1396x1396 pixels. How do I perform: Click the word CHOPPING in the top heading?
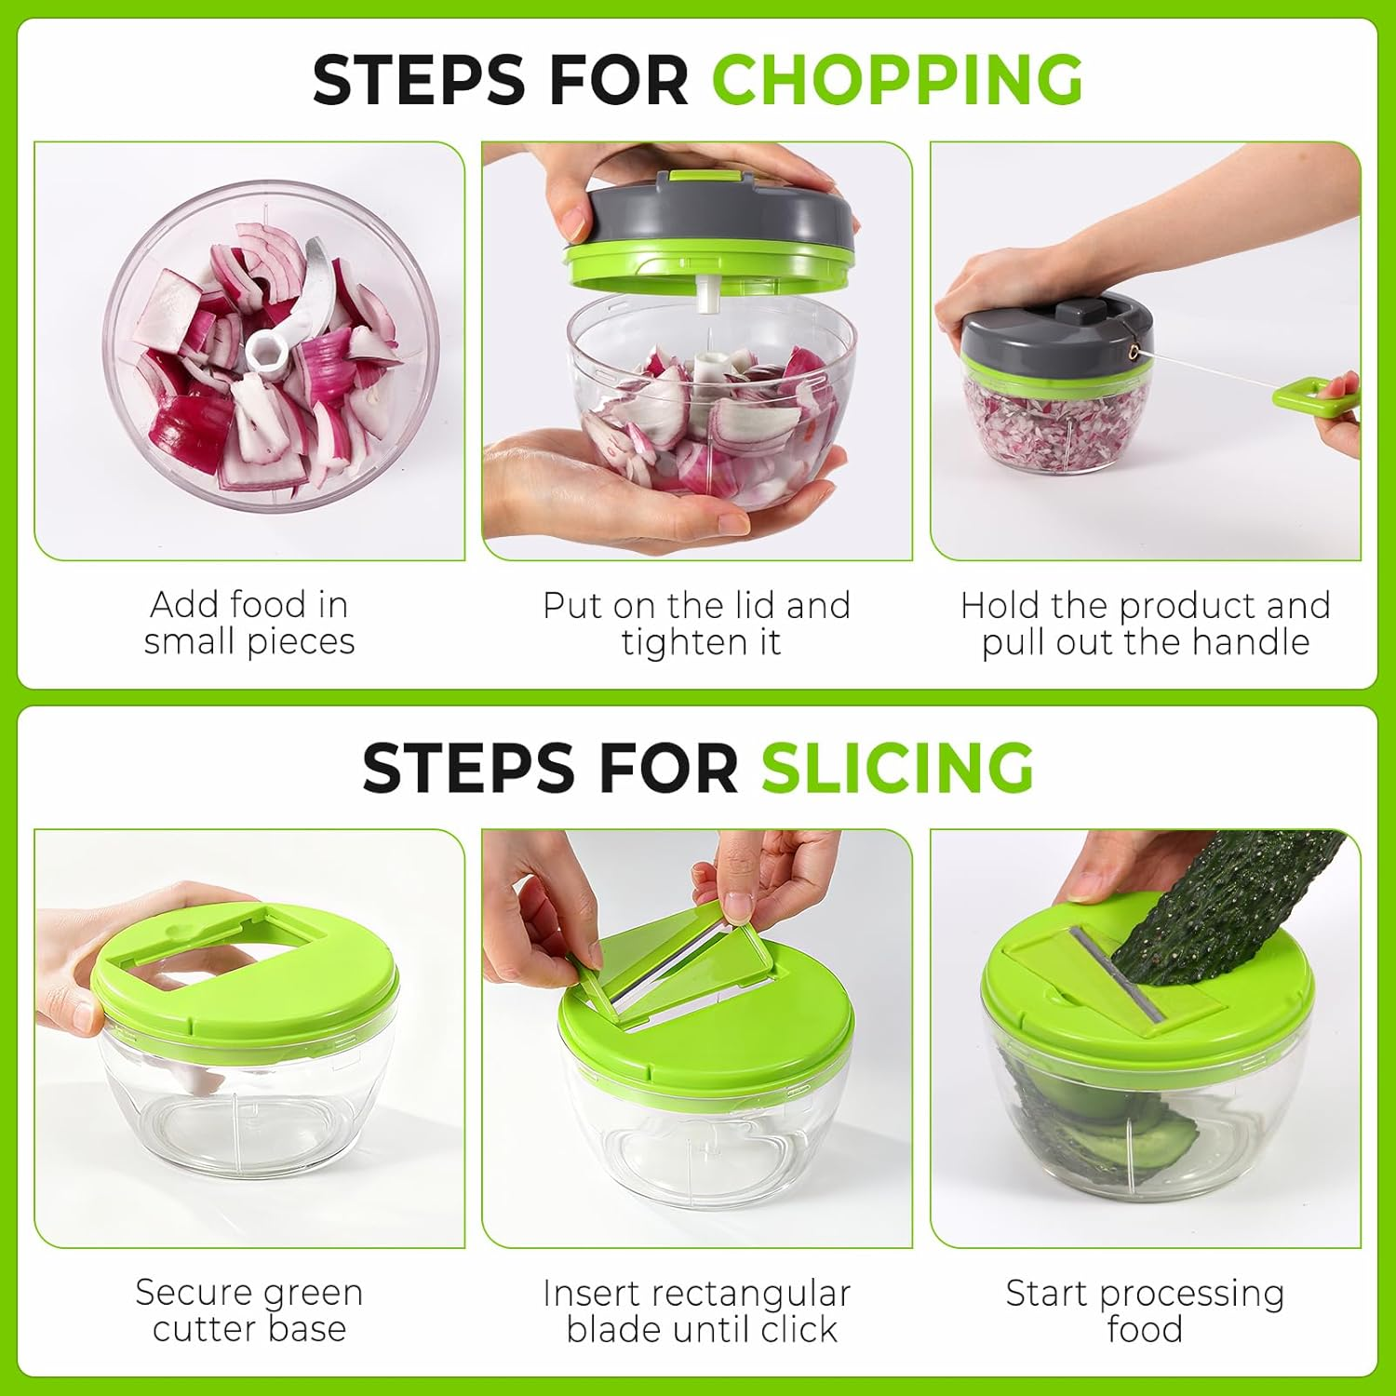pyautogui.click(x=897, y=79)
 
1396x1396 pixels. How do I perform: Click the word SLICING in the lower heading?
pyautogui.click(x=897, y=768)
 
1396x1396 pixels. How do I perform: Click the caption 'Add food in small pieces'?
pyautogui.click(x=249, y=623)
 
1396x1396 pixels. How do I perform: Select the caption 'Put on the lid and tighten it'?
pyautogui.click(x=697, y=624)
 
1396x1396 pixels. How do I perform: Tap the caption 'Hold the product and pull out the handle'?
pyautogui.click(x=1145, y=624)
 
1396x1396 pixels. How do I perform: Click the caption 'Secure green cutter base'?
pyautogui.click(x=249, y=1310)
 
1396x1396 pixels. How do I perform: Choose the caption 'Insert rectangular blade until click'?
pyautogui.click(x=697, y=1311)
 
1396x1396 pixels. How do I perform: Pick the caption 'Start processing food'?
pyautogui.click(x=1145, y=1311)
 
